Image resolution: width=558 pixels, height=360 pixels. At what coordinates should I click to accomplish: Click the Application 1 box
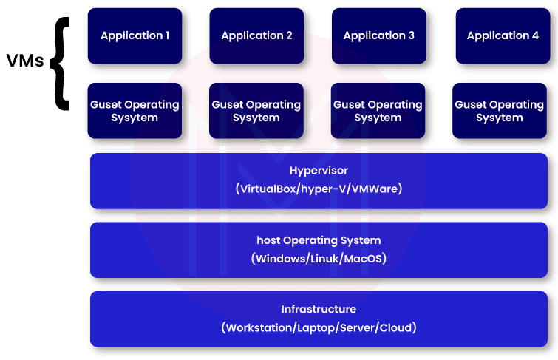click(x=134, y=35)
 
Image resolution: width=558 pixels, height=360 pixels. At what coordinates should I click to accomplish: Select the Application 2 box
click(x=256, y=35)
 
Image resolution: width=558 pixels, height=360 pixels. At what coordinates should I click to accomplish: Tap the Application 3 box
click(x=378, y=35)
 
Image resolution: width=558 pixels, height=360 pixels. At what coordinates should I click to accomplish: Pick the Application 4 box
click(x=502, y=35)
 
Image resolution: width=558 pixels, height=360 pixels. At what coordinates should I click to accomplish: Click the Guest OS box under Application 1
click(x=134, y=111)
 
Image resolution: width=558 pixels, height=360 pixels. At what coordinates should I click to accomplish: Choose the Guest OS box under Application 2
click(x=256, y=111)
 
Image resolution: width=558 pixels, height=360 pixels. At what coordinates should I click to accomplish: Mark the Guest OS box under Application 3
click(x=378, y=111)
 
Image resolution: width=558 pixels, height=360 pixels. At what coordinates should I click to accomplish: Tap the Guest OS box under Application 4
click(x=500, y=111)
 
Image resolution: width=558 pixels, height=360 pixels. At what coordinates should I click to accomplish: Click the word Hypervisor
click(x=319, y=171)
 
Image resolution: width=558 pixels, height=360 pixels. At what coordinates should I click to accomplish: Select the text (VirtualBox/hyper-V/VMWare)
click(x=319, y=189)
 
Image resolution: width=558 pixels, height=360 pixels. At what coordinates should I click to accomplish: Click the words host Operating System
click(x=319, y=240)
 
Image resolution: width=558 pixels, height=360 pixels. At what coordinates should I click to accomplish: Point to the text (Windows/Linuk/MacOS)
click(x=319, y=259)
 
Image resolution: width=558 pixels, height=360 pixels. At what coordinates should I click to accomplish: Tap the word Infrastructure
click(x=319, y=309)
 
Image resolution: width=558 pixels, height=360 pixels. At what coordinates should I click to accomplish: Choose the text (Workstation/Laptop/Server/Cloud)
click(x=319, y=327)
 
